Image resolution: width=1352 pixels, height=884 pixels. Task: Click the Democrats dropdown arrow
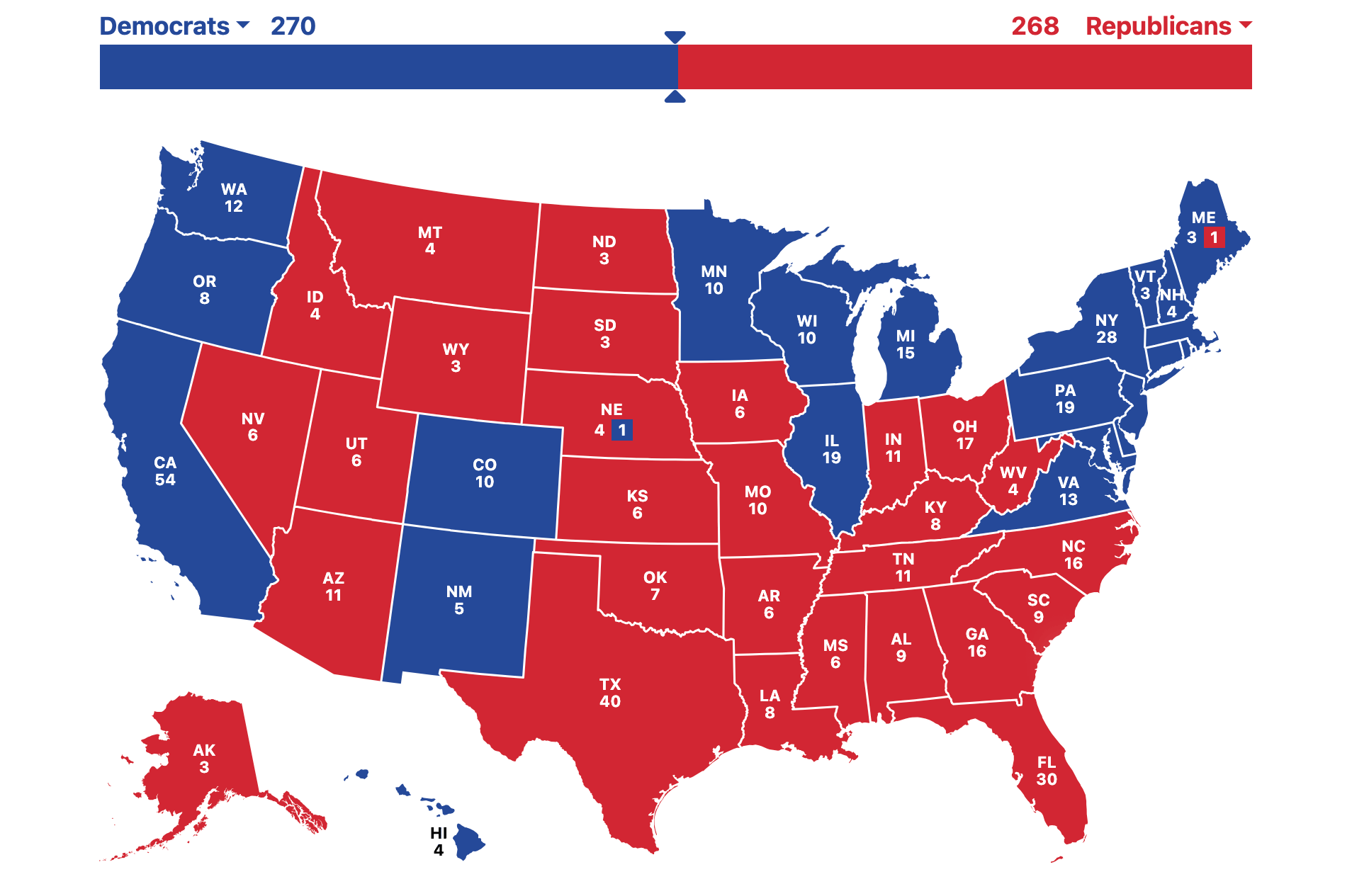pos(243,25)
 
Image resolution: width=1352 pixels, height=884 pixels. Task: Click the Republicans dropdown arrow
pos(1245,25)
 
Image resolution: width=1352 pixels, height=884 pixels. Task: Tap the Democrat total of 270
pos(293,26)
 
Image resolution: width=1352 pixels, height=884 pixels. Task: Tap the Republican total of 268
pos(1035,26)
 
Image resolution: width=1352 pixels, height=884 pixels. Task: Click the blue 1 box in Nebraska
pos(621,430)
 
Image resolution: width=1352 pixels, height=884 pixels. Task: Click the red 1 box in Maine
pos(1214,237)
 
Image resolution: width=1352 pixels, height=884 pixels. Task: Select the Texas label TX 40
pos(610,693)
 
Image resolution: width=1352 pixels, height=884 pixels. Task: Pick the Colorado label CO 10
pos(485,473)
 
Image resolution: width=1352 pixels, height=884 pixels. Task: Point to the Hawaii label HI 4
pos(439,841)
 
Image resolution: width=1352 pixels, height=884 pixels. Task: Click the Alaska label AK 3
pos(204,759)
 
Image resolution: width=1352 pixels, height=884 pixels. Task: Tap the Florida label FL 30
pos(1047,771)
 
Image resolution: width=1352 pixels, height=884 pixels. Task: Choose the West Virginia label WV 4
pos(1013,480)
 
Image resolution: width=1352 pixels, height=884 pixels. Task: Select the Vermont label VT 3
pos(1145,284)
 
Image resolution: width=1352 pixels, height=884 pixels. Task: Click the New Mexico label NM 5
pos(459,600)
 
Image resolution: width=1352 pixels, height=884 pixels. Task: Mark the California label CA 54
pos(165,471)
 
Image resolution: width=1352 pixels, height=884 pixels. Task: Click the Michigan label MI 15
pos(906,344)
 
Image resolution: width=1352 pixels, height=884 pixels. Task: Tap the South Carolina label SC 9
pos(1039,608)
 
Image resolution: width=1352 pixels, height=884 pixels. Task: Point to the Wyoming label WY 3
pos(456,358)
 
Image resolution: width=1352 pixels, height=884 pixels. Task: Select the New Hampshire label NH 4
pos(1171,302)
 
